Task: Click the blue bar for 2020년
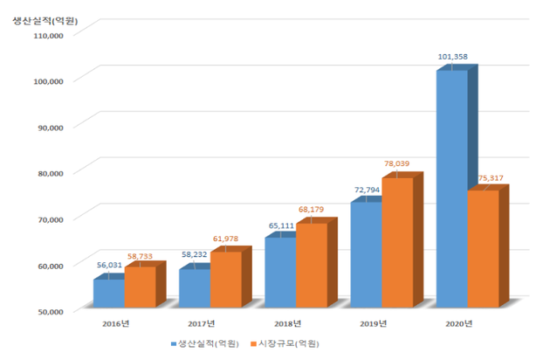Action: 451,188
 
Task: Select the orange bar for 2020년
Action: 483,248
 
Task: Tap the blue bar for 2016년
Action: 108,293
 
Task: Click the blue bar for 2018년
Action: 280,272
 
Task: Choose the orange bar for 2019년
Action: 397,242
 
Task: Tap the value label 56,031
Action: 109,263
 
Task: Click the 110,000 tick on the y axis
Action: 45,36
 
